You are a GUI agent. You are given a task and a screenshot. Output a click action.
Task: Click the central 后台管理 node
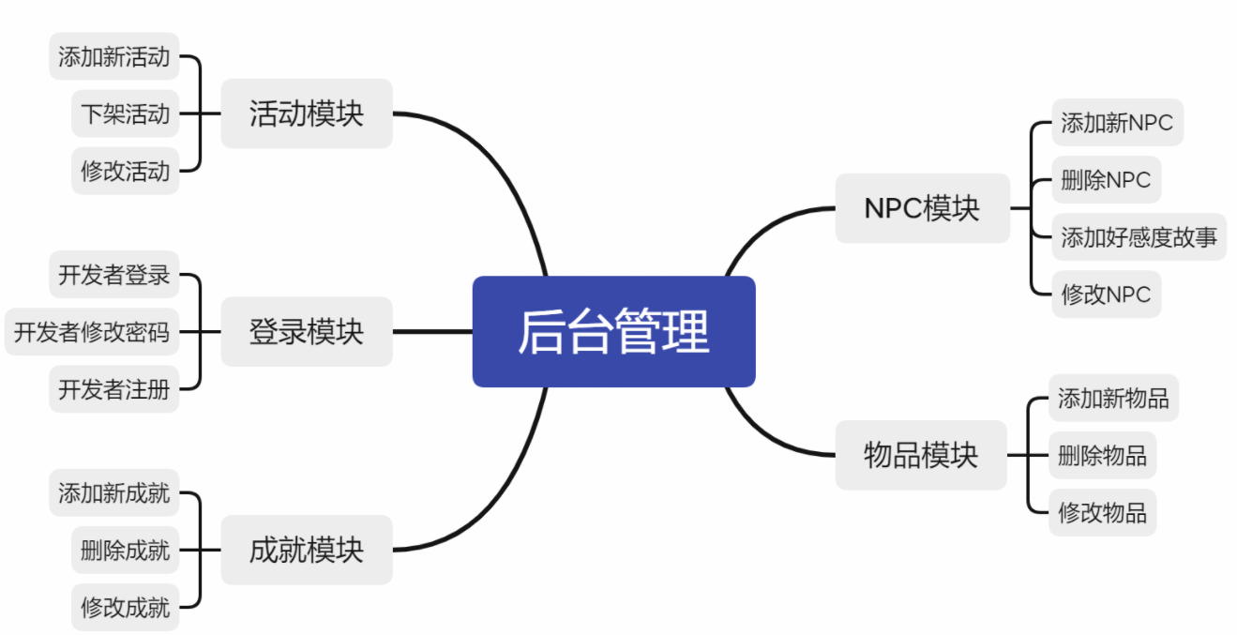click(613, 331)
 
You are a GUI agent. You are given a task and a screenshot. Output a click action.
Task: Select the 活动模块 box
click(307, 113)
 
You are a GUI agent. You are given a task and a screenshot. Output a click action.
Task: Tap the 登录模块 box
click(307, 331)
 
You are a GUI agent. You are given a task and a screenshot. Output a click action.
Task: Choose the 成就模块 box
click(307, 549)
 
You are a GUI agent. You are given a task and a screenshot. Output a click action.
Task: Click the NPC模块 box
click(922, 207)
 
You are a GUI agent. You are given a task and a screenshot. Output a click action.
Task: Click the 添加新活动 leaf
click(113, 56)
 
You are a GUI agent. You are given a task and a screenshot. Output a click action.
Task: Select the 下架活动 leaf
click(125, 113)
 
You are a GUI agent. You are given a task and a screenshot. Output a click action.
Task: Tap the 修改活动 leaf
click(125, 171)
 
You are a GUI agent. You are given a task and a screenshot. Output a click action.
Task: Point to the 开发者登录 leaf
click(113, 274)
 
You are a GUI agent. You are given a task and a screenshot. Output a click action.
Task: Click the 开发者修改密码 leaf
click(91, 331)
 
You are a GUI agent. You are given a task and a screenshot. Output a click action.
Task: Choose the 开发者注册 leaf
click(113, 389)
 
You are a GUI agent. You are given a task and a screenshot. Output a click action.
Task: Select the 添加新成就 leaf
click(113, 492)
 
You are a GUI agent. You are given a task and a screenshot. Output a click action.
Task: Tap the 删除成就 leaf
click(125, 551)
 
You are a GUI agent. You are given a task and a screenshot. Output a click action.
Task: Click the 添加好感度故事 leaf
click(1139, 236)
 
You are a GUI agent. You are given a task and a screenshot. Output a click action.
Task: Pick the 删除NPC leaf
click(1106, 179)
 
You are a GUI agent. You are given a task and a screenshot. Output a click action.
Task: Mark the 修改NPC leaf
click(1106, 294)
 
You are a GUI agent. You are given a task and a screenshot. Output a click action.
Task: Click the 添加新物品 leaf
click(1113, 398)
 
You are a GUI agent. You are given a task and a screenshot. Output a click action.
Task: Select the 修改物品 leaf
click(1102, 512)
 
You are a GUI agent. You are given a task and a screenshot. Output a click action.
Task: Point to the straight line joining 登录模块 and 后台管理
click(432, 331)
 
